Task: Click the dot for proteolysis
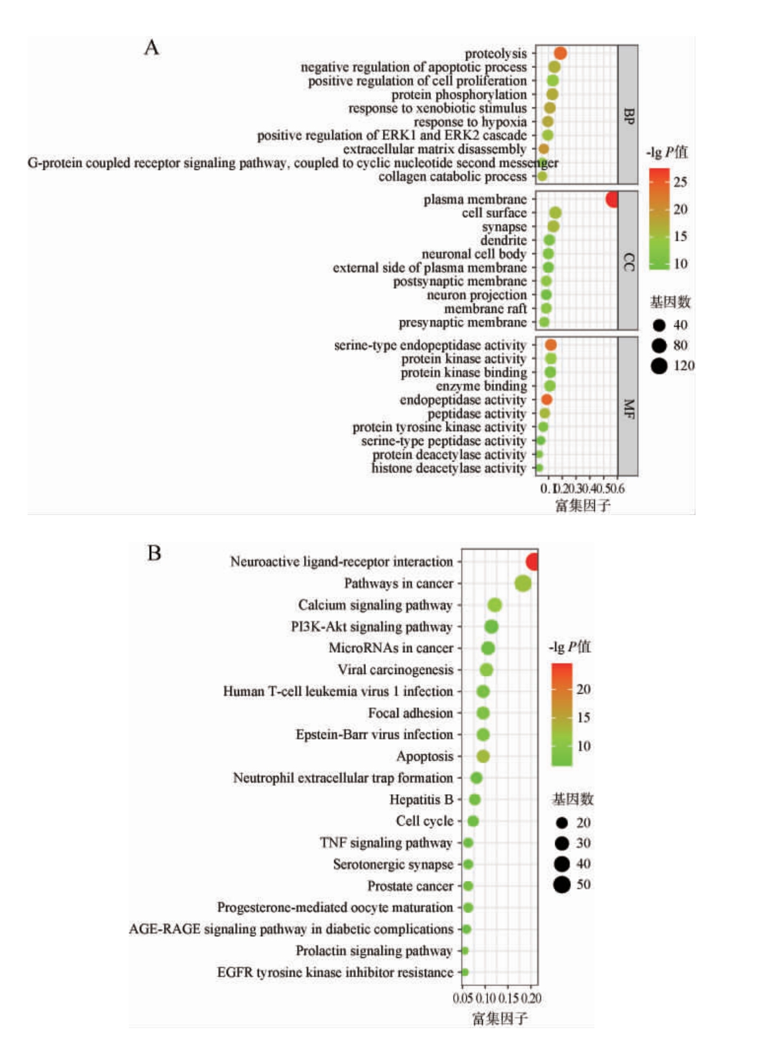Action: (560, 53)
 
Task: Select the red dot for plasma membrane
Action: (612, 199)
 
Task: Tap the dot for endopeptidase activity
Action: (546, 399)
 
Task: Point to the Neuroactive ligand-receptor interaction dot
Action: (533, 562)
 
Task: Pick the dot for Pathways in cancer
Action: (523, 583)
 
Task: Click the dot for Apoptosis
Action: (483, 756)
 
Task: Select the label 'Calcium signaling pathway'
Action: (375, 605)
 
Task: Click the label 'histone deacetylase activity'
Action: (449, 468)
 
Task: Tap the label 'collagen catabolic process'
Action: (452, 177)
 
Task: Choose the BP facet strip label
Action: (628, 115)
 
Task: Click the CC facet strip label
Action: (628, 261)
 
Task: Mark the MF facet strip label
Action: (628, 407)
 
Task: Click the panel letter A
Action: (152, 48)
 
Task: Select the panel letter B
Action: (154, 553)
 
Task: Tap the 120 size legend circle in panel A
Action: (659, 366)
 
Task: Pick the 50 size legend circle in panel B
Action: (562, 884)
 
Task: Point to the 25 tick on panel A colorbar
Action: (680, 182)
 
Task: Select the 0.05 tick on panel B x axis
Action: (462, 999)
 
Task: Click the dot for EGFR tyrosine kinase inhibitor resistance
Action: (465, 972)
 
